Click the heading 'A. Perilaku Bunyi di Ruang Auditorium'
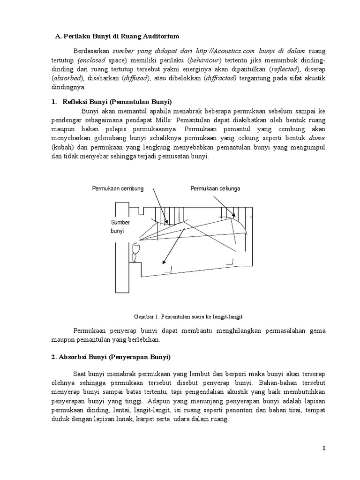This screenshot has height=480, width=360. (117, 36)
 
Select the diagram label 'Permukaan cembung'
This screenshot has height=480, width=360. (118, 188)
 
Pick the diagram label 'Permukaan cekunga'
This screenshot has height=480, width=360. (215, 188)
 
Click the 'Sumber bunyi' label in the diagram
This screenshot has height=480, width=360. (120, 227)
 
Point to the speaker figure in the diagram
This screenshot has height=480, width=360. (136, 252)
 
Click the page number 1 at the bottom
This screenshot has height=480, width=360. (323, 449)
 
